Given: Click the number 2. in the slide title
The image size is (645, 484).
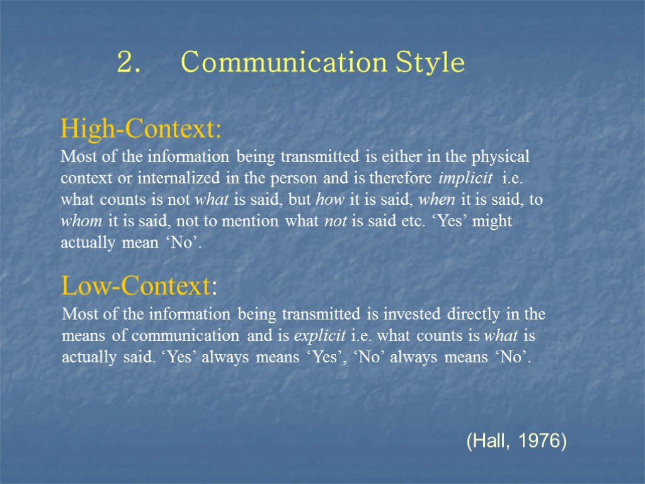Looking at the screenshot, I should [128, 63].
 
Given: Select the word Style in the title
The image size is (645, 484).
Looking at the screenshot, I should [430, 63].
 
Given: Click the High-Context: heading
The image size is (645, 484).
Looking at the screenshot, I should [141, 130].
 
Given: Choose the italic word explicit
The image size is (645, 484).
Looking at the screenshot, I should [319, 336].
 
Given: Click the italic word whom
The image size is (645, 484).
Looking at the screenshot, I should [83, 222].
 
